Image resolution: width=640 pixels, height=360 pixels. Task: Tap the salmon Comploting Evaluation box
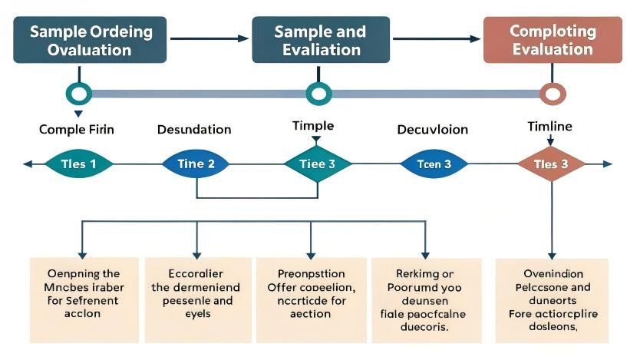552,40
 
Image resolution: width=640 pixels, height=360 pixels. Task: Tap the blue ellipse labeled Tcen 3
434,163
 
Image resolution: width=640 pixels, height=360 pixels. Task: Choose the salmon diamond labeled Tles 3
551,163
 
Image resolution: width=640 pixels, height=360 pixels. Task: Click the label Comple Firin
76,129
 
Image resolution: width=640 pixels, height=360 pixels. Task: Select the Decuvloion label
431,129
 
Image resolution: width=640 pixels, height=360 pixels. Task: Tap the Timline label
549,125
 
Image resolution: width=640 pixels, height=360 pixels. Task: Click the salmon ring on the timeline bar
552,94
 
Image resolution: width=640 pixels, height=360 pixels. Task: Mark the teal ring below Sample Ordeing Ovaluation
79,94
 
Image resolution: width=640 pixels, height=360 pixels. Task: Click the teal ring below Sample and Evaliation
318,94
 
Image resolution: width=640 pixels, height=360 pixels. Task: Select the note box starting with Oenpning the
84,293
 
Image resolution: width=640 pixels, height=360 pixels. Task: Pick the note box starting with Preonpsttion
310,293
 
